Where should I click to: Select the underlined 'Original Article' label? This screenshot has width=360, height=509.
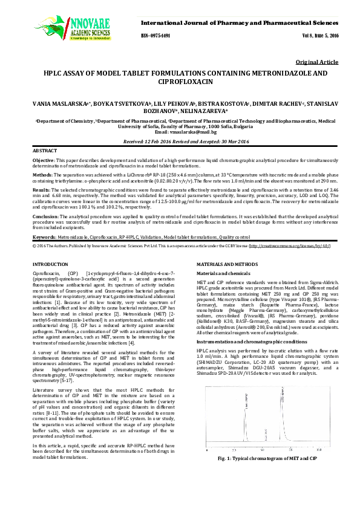coord(318,62)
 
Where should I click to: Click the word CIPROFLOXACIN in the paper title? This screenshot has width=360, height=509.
coord(179,80)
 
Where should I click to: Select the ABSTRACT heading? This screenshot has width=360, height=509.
coord(44,149)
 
